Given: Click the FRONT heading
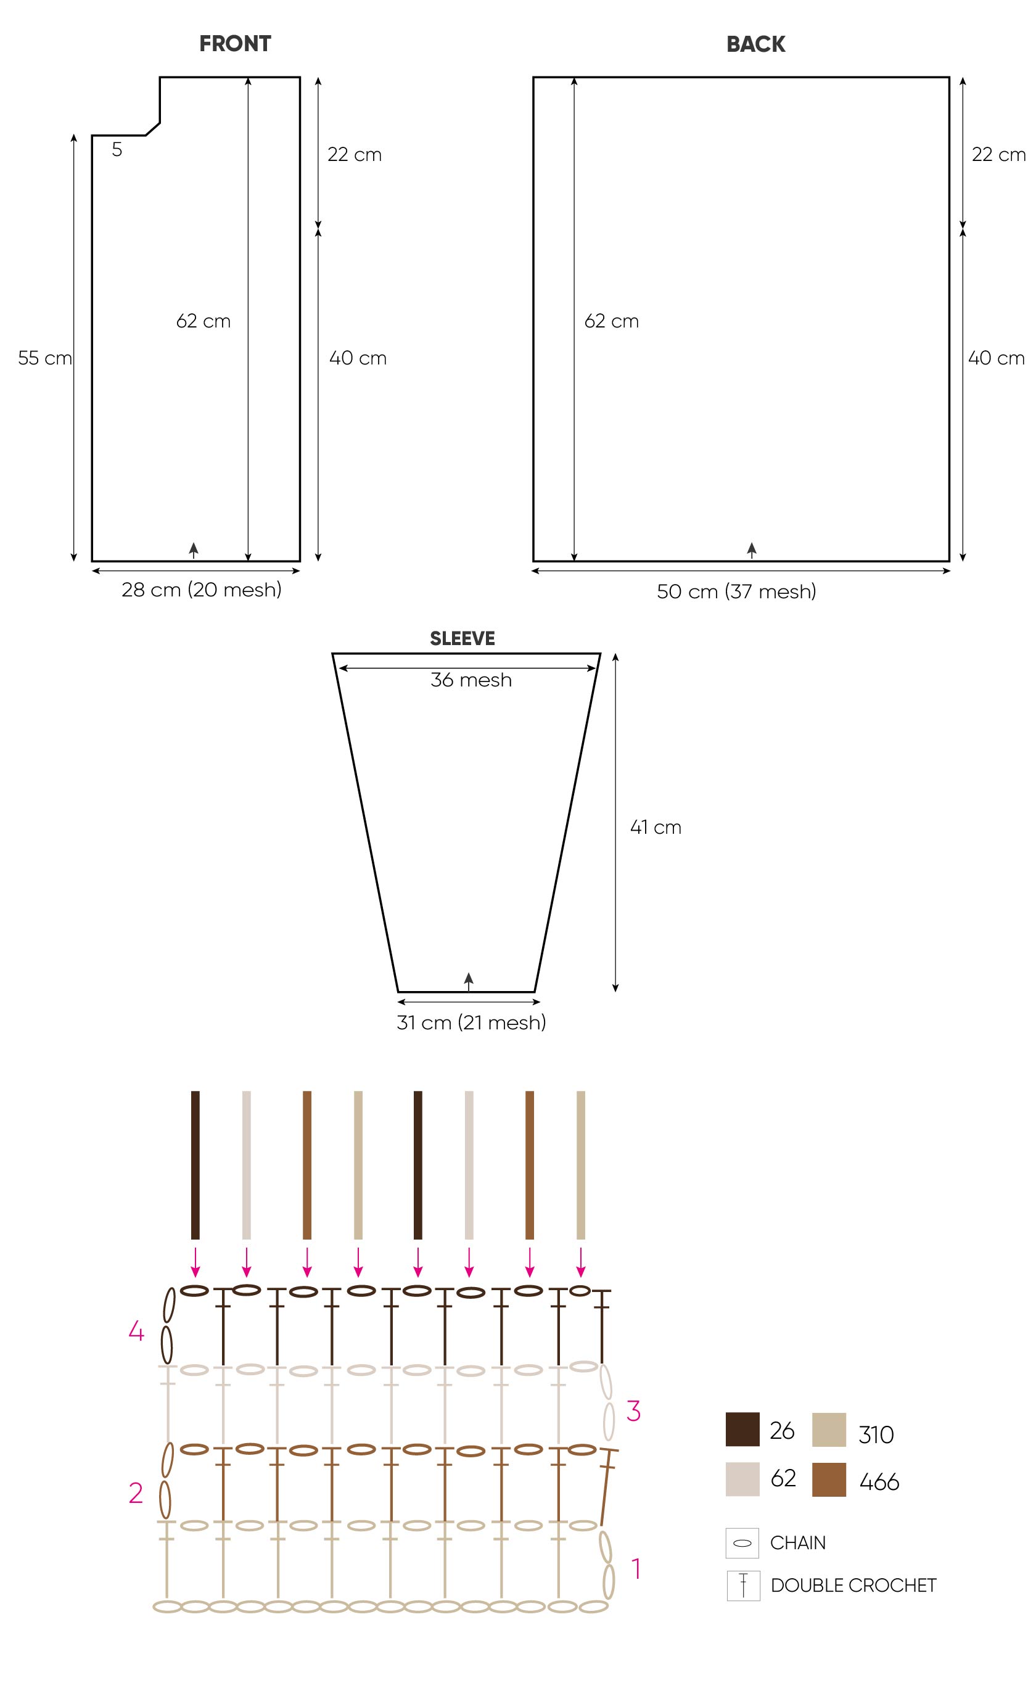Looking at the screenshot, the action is [235, 44].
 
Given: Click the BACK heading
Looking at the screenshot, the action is [756, 44].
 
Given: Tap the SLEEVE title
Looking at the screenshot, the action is [462, 639].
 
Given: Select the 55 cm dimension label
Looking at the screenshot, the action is [44, 358].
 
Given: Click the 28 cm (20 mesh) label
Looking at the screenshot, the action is [202, 590].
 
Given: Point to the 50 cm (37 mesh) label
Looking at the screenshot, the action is [736, 591].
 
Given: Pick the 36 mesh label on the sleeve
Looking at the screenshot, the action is [471, 680].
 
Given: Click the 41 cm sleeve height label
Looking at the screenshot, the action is [656, 827].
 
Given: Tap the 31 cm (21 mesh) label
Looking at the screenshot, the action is [471, 1023].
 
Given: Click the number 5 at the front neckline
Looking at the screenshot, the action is [117, 149].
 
